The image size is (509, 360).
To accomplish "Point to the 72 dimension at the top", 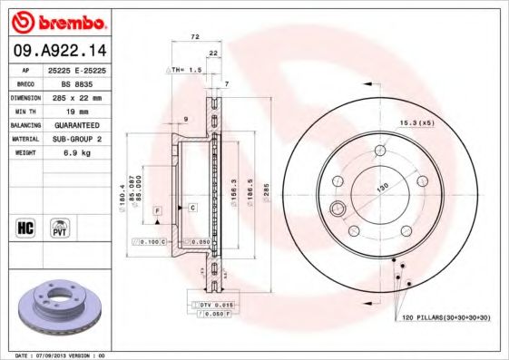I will tap(194, 37).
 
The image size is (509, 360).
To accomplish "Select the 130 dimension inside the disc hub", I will tap(383, 187).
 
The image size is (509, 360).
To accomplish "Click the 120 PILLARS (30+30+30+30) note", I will tap(441, 317).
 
